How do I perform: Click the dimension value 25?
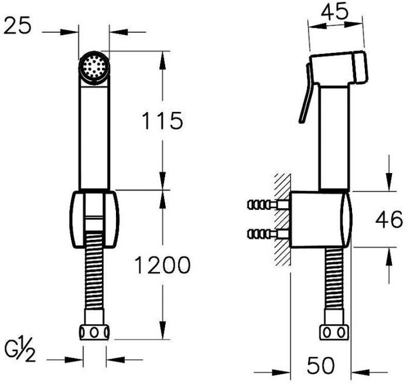tap(18, 26)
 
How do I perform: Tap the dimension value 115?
tap(162, 121)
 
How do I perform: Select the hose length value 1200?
tap(162, 265)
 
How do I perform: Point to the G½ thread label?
tap(20, 351)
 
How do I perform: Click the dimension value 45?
tap(335, 12)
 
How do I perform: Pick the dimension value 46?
tap(389, 219)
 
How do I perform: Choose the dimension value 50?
tap(321, 365)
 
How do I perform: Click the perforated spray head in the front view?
tap(94, 67)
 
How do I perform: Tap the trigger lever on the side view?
tap(306, 93)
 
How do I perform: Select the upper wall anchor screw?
tap(268, 204)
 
